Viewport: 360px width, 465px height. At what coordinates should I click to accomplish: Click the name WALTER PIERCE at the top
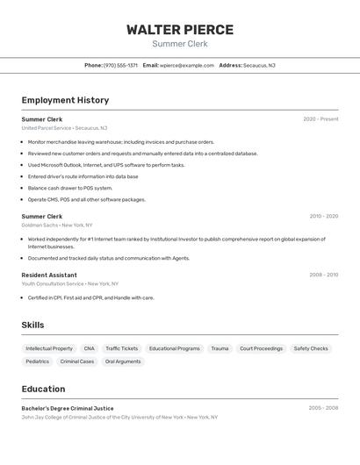(180, 29)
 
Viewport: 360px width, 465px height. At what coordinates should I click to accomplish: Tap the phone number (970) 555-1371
(120, 65)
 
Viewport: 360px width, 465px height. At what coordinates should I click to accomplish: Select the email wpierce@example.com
(187, 65)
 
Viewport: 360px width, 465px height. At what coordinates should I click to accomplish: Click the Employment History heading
(65, 100)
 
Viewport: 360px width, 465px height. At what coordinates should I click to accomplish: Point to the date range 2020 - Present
(320, 119)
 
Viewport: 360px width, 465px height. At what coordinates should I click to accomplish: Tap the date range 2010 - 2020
(323, 216)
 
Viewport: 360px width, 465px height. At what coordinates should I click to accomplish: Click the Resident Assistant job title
(49, 275)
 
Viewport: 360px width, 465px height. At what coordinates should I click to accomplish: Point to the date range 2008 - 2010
(323, 275)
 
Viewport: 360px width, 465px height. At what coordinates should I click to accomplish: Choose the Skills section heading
(32, 325)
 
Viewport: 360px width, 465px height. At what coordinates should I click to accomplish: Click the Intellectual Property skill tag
(49, 348)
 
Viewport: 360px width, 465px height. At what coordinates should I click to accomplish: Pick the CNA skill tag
(89, 348)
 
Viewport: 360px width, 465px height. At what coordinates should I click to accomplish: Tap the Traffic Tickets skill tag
(122, 348)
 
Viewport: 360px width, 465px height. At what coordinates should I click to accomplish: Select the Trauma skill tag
(220, 348)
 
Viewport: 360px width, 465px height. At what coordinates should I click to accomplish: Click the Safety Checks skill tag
(311, 348)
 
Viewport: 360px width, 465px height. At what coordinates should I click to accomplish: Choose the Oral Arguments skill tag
(123, 361)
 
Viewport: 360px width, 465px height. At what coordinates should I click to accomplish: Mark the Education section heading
(43, 389)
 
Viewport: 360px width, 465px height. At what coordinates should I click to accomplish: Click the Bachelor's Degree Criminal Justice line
(68, 408)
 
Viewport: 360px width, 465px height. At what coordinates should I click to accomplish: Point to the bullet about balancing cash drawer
(70, 188)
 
